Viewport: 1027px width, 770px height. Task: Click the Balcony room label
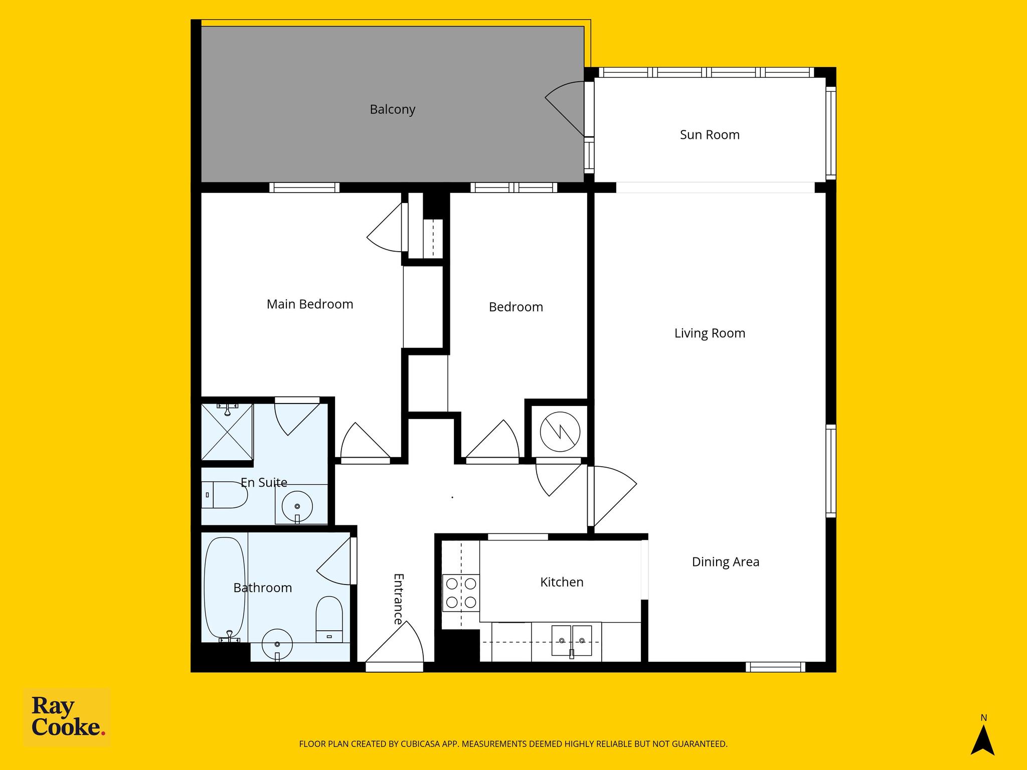[x=393, y=109]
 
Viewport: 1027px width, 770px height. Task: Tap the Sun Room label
[x=710, y=134]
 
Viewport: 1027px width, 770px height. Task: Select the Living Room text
[x=710, y=333]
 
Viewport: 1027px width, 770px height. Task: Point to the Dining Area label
[x=726, y=562]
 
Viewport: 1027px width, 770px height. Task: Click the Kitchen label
[x=562, y=582]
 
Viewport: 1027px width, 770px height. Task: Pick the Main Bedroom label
[x=310, y=304]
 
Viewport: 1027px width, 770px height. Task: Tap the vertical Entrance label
[x=399, y=599]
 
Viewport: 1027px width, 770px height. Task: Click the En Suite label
[x=264, y=482]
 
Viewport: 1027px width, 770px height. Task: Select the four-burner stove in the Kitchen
[x=461, y=593]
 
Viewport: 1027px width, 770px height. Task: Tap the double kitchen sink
[x=572, y=641]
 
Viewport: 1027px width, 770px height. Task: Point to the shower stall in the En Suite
[x=227, y=432]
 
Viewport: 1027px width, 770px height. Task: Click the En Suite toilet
[x=225, y=495]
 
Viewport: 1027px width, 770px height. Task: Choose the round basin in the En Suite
[x=297, y=506]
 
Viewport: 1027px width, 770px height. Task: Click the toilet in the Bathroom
[x=329, y=619]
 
